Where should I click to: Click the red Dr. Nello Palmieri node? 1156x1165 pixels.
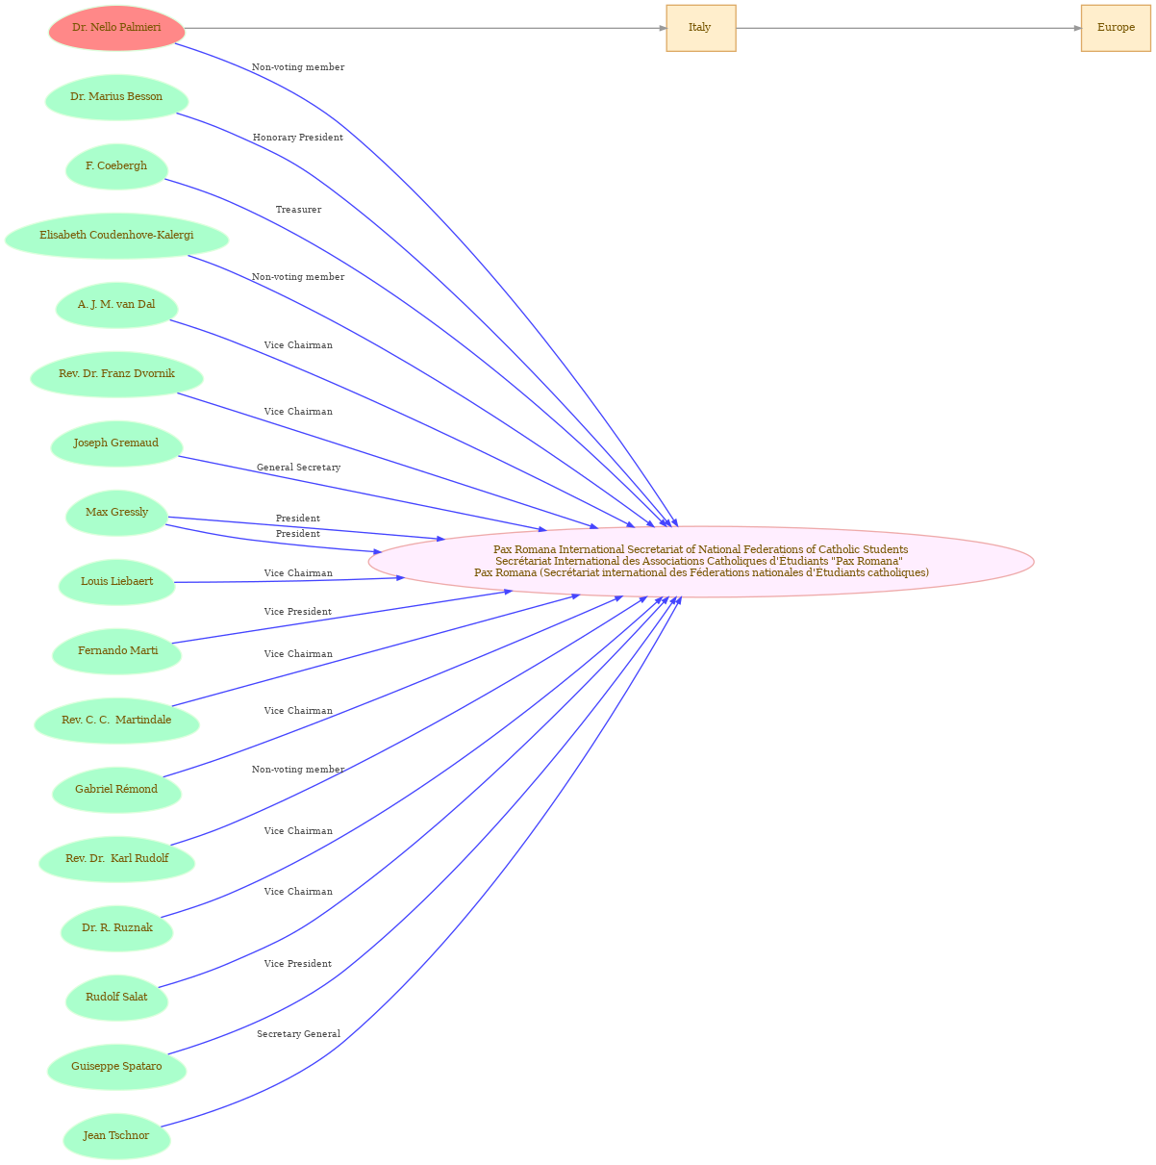click(x=116, y=28)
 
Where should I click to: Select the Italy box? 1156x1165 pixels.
click(x=701, y=28)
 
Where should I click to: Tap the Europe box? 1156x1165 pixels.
click(x=1116, y=28)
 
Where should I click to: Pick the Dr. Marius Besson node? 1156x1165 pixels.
click(x=116, y=97)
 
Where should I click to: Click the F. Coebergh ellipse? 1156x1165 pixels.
click(x=116, y=166)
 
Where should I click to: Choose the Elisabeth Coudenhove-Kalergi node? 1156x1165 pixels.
click(x=116, y=236)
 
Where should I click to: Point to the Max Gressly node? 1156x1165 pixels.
click(x=116, y=513)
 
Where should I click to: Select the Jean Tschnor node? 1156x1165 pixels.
click(x=116, y=1136)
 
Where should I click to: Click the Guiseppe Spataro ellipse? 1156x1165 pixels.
click(x=116, y=1067)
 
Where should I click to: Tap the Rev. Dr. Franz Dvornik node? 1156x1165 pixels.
click(x=116, y=374)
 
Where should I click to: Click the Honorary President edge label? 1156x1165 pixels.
click(x=298, y=138)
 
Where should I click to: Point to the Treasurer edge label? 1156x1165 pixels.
click(x=298, y=209)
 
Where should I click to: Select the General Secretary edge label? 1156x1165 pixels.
click(x=298, y=468)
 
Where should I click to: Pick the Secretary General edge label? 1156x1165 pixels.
click(x=298, y=1034)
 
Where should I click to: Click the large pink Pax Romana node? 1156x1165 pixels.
click(x=701, y=562)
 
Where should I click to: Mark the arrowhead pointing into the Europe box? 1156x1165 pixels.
click(x=1077, y=29)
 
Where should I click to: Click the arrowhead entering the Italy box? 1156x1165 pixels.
click(x=663, y=29)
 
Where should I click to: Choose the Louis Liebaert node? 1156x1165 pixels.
click(x=116, y=582)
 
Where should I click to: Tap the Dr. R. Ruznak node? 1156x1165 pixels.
click(x=116, y=928)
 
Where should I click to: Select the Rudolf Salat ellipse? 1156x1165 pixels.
click(x=116, y=998)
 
